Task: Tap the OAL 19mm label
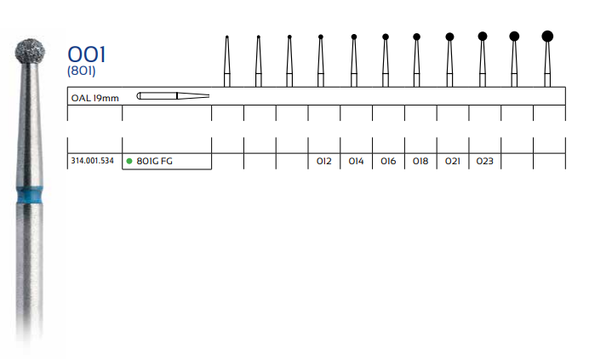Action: (94, 97)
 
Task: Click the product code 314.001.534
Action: (94, 161)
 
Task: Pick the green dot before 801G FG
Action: (129, 161)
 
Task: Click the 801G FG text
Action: (155, 161)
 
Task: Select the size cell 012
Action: (323, 161)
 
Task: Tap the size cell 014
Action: (356, 161)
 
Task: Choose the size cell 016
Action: (388, 161)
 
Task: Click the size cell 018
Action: (420, 161)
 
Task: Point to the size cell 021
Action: (453, 161)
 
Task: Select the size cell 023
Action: (485, 161)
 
